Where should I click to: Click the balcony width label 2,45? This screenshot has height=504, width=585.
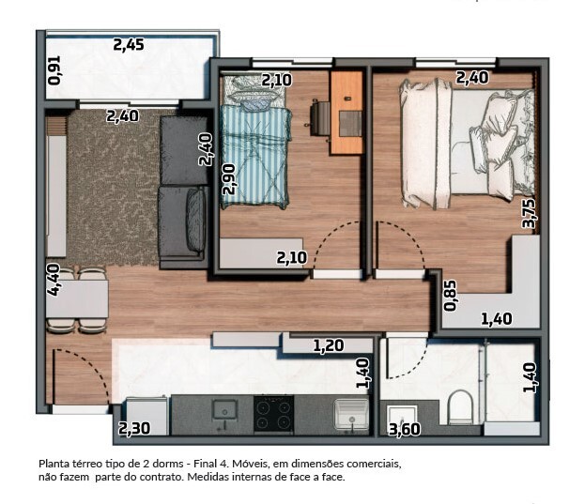(129, 45)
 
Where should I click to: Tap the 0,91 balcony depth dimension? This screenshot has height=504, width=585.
(54, 70)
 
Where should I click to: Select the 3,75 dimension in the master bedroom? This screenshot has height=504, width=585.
(529, 214)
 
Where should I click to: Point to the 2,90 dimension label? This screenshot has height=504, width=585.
(228, 179)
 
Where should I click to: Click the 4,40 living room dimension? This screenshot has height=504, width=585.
(54, 280)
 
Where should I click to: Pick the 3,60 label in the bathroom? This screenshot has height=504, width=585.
(405, 430)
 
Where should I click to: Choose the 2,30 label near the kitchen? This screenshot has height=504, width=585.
(134, 428)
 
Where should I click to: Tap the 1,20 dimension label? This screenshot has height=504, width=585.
(329, 346)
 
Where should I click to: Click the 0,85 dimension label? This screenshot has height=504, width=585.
(450, 296)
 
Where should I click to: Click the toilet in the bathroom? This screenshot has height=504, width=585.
(460, 407)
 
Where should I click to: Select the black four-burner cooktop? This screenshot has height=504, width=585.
(274, 414)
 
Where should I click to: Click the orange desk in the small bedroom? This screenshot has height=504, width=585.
(347, 113)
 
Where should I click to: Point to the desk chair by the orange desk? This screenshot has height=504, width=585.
(320, 119)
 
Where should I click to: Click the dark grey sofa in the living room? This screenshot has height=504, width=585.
(183, 191)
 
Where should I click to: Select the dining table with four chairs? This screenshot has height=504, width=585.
(77, 300)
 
